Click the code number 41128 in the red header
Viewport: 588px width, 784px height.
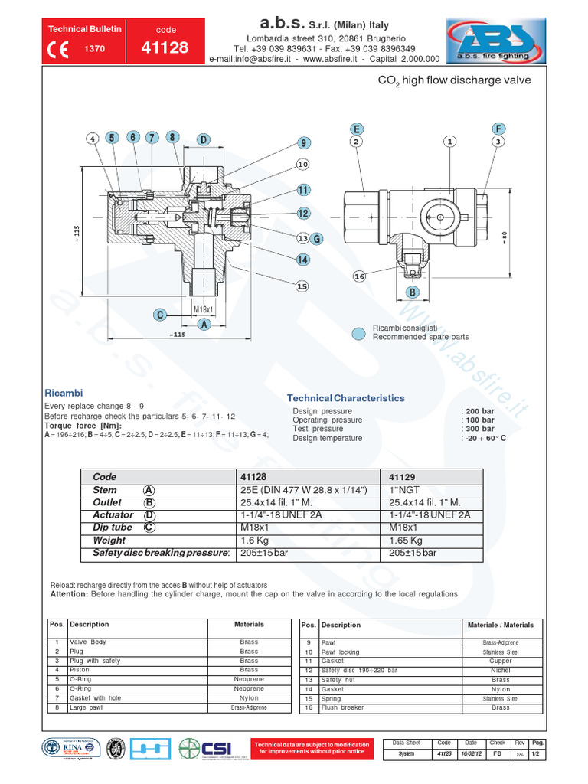point(165,48)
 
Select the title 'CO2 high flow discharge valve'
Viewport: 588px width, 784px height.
point(454,80)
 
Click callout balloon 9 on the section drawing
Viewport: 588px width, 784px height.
point(303,143)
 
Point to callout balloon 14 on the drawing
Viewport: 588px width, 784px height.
point(303,260)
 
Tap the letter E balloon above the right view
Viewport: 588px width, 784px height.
point(357,129)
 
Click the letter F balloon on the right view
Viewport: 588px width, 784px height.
point(498,129)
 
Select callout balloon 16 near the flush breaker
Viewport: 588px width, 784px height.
point(360,276)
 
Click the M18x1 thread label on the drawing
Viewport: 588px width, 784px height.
point(203,309)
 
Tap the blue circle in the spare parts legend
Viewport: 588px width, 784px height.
point(358,333)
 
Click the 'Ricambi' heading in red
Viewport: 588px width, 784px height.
point(64,392)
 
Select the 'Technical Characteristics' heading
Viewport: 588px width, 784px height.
point(345,398)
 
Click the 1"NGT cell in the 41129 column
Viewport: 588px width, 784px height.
point(404,490)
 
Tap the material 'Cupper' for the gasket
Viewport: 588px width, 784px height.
point(500,661)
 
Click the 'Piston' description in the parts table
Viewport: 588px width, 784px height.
point(80,670)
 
